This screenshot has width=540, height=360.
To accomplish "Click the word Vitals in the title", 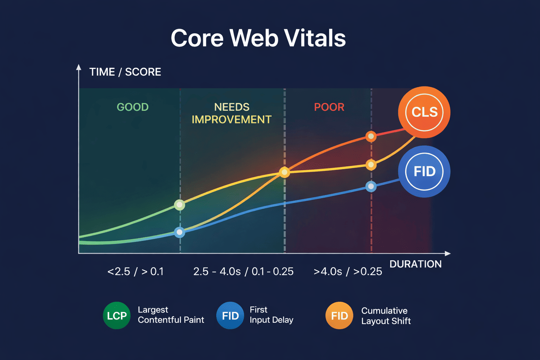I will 315,38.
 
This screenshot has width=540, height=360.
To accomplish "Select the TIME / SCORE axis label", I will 125,72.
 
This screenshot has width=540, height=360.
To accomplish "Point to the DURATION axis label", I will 415,264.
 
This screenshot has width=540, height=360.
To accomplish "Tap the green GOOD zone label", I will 133,107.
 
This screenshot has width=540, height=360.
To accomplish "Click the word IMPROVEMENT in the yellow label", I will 231,120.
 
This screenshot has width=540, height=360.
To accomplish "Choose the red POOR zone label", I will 329,107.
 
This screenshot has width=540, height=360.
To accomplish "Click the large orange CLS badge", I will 424,112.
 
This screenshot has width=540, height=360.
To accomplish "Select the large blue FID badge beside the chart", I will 424,172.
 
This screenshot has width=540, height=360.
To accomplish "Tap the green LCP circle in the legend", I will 117,316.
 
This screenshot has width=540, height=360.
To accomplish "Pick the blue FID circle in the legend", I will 230,316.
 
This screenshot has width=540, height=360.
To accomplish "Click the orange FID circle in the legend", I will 339,316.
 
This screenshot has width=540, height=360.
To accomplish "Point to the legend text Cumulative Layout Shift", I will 386,316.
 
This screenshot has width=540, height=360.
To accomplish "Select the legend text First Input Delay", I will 271,315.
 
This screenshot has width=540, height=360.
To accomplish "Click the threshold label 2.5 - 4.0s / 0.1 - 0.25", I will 243,271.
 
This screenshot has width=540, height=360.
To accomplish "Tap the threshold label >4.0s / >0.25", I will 348,271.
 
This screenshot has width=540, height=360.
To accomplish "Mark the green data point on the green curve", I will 180,205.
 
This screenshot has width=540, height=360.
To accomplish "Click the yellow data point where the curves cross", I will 284,172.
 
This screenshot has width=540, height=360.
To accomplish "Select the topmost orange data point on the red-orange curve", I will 371,136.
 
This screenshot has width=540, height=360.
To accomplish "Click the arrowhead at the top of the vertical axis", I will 79,67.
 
